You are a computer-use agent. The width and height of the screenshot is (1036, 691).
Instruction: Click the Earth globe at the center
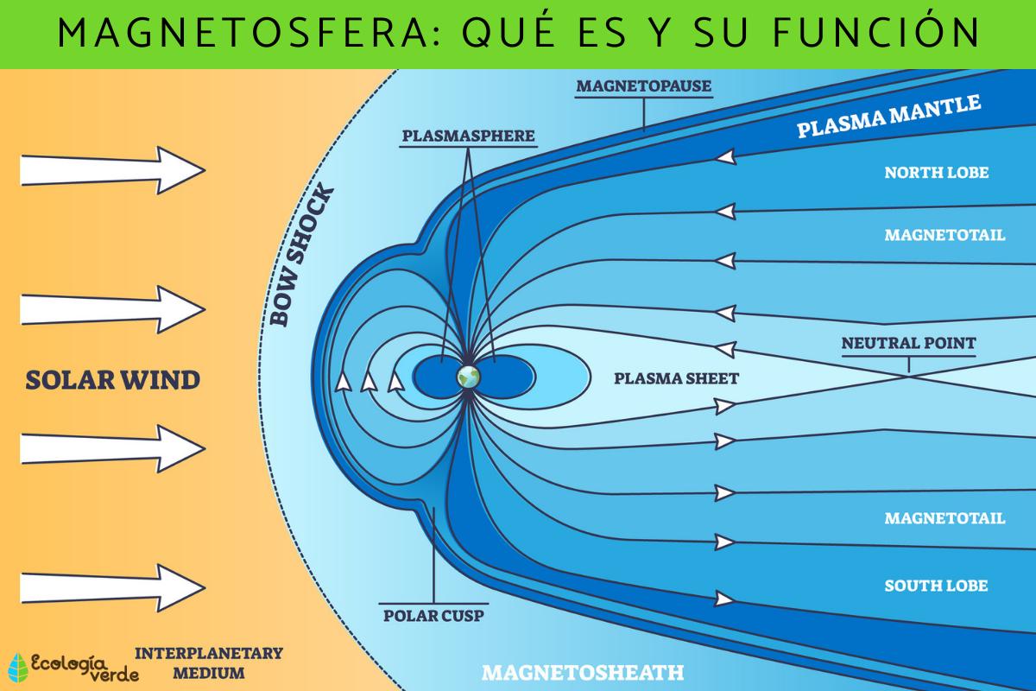[469, 376]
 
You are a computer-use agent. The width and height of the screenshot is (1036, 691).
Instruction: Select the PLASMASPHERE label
[468, 136]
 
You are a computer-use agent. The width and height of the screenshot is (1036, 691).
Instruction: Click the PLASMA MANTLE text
[888, 117]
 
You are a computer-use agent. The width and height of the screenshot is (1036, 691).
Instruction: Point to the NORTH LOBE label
[936, 173]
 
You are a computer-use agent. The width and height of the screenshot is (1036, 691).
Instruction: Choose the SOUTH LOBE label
[936, 586]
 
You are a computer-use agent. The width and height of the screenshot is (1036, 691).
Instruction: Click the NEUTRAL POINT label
[908, 343]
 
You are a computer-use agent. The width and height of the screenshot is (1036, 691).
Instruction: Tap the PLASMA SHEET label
[676, 377]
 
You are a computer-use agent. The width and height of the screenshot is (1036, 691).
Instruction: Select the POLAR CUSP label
[433, 616]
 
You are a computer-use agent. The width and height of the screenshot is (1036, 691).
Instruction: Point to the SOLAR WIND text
[112, 379]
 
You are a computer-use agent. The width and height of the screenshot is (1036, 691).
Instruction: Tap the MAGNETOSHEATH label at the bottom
[583, 671]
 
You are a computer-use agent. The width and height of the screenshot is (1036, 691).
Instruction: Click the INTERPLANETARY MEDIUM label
[209, 662]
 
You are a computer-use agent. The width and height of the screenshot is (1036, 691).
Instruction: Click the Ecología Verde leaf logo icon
[17, 666]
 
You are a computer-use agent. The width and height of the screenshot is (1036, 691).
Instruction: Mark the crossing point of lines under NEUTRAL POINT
[908, 373]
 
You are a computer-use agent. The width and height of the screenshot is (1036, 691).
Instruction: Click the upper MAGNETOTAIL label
[944, 235]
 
